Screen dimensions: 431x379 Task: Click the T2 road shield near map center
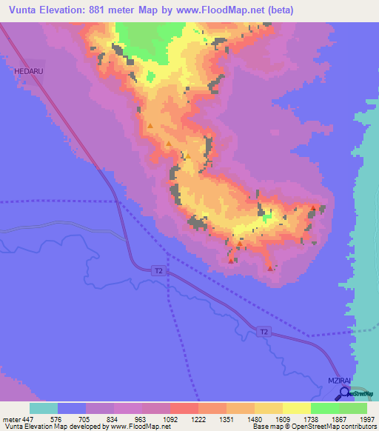click(x=158, y=271)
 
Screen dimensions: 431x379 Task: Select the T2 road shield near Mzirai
click(x=264, y=333)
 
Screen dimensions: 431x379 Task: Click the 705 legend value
click(x=86, y=418)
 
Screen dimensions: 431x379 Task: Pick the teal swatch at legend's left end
click(x=44, y=408)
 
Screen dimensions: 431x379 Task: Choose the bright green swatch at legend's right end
click(x=352, y=408)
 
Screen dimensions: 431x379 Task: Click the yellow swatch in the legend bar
click(x=296, y=408)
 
